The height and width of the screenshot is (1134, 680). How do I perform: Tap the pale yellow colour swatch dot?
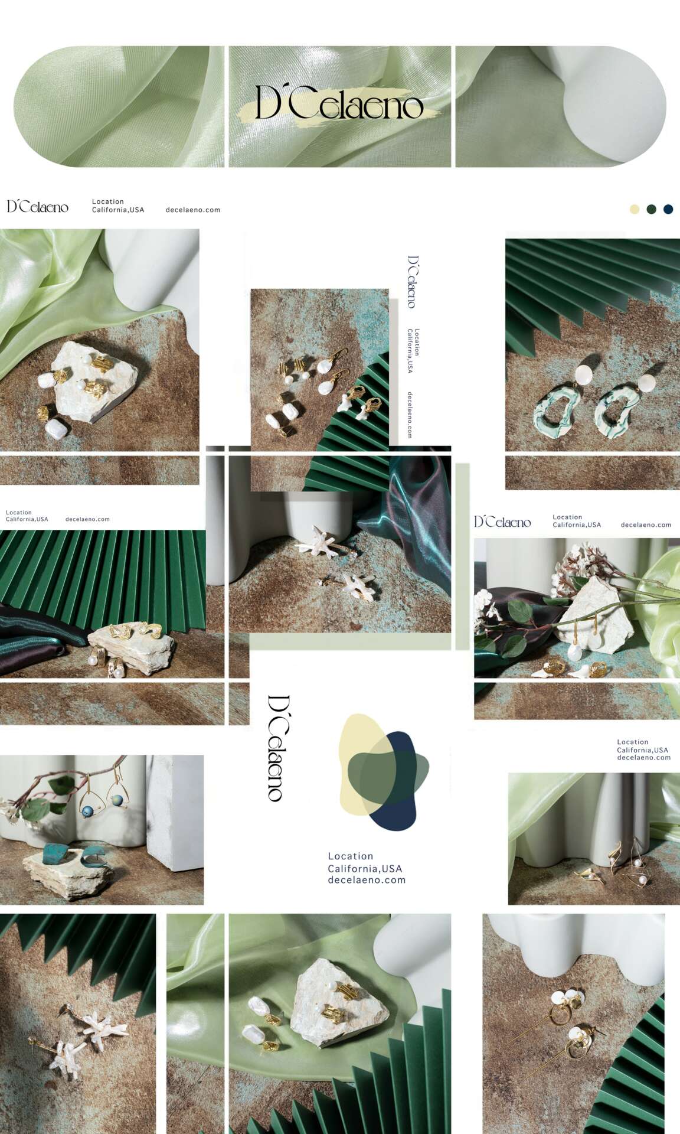coord(635,209)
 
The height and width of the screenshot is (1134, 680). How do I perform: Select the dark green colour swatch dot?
coord(652,209)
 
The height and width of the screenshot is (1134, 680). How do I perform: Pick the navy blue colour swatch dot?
coord(668,209)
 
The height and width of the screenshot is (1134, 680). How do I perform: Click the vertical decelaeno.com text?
coord(410,415)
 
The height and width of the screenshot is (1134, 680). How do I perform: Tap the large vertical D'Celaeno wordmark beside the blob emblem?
coord(276,748)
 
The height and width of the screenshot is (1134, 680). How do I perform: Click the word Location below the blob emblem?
coord(351,856)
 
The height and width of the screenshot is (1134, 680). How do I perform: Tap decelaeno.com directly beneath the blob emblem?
coord(367,880)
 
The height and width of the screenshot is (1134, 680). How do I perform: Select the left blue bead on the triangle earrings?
coord(88,812)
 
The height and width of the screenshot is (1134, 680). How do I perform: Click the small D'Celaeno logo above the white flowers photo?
coord(503,522)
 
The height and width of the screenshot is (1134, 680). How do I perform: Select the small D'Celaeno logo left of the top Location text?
coord(38,206)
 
